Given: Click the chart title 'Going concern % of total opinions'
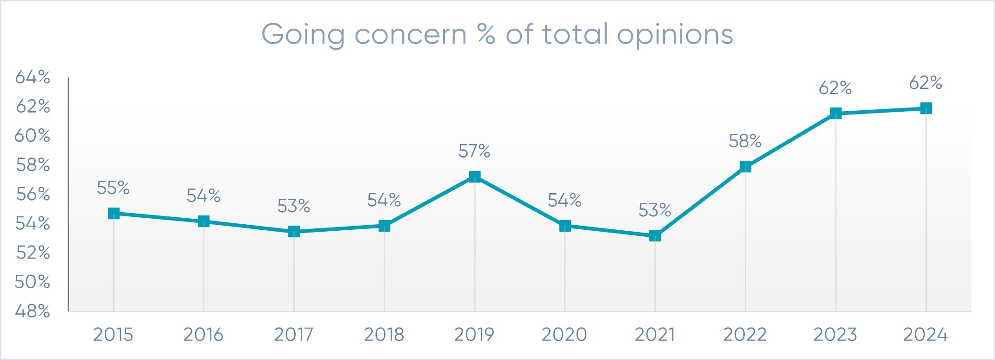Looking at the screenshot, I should [497, 35].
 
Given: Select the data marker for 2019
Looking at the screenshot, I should [475, 177].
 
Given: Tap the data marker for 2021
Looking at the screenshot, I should [655, 236].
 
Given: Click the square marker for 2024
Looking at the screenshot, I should [926, 108].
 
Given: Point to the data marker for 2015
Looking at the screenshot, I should [114, 213].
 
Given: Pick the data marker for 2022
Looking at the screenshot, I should [745, 167].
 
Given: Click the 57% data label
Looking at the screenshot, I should [474, 151].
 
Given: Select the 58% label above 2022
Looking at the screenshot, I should [745, 141].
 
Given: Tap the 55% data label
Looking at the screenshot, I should [113, 188].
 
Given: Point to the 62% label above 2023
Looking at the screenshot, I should [835, 88].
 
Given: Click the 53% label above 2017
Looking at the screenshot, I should [293, 206].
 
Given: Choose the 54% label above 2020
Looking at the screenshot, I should [564, 200].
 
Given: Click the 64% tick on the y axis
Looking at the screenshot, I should [32, 77].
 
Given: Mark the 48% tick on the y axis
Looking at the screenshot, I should [32, 311].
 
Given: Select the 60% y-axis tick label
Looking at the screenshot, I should [32, 135].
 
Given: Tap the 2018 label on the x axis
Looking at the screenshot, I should [384, 335].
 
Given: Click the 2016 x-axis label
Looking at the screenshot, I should [203, 335].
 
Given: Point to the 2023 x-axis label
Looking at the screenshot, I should [835, 335].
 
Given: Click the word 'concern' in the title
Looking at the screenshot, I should [410, 35].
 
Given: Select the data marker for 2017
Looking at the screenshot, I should [294, 231].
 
